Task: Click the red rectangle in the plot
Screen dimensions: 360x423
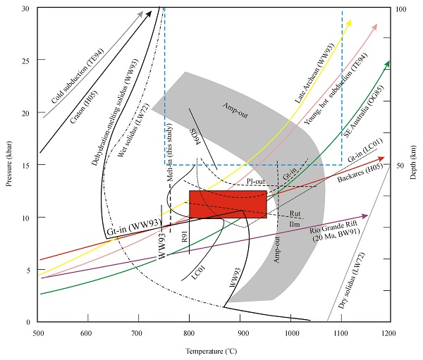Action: point(228,204)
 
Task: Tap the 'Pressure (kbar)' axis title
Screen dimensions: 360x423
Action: point(8,165)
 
